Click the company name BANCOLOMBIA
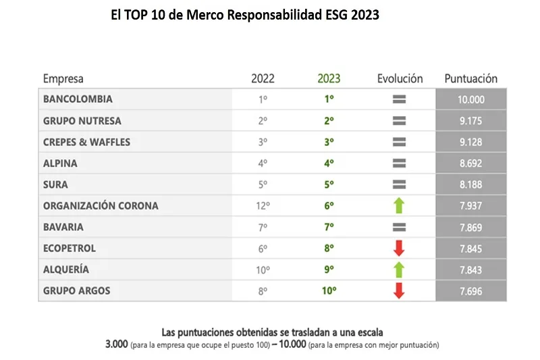[78, 99]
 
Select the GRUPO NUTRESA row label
[82, 121]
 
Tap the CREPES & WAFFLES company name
[86, 142]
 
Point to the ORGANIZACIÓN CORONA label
[101, 206]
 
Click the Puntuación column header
[470, 78]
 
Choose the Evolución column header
[400, 78]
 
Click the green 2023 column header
[329, 78]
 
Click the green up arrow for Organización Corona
[399, 206]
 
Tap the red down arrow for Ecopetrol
[399, 249]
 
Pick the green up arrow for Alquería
[399, 269]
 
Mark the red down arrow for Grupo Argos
[399, 291]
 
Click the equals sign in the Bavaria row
[399, 228]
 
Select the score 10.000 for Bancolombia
[470, 99]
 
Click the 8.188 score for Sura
[470, 184]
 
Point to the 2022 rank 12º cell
[263, 206]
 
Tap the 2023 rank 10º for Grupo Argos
[329, 291]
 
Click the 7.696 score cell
[470, 291]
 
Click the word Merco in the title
[213, 15]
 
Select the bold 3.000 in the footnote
[119, 344]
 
